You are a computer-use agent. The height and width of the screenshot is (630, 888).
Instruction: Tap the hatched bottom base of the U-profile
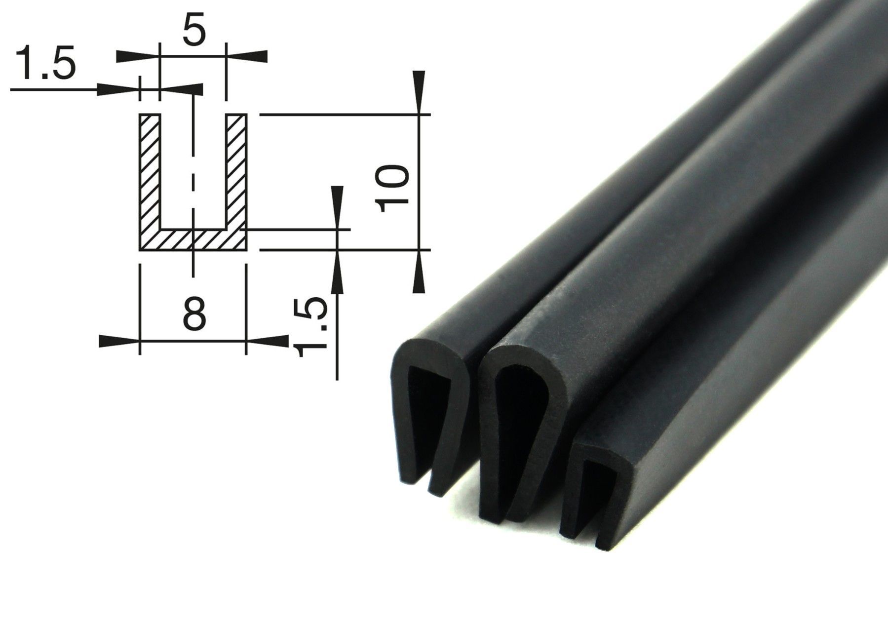193,239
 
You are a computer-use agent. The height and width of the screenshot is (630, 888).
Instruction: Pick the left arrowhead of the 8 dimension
119,341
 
